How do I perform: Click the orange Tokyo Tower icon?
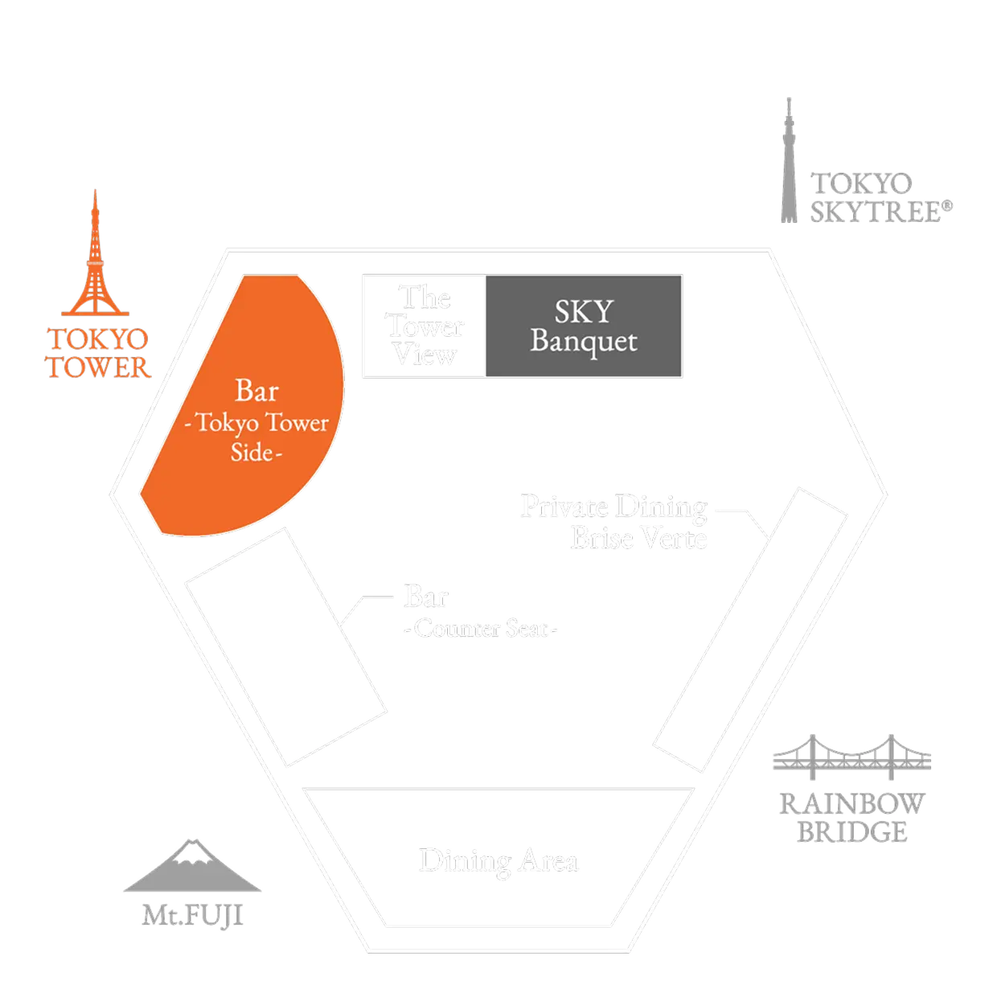pyautogui.click(x=95, y=257)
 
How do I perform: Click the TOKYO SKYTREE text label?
pyautogui.click(x=881, y=198)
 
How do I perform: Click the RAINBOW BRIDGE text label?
pyautogui.click(x=851, y=816)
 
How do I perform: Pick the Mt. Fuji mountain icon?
pyautogui.click(x=193, y=868)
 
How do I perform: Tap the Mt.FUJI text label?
pyautogui.click(x=193, y=915)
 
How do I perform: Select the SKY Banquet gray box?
pyautogui.click(x=584, y=326)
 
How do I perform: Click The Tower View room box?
pyautogui.click(x=425, y=326)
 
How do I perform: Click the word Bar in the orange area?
pyautogui.click(x=256, y=392)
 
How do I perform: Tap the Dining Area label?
pyautogui.click(x=498, y=861)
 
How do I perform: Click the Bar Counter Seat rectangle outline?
pyautogui.click(x=285, y=647)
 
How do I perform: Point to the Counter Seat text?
pyautogui.click(x=481, y=629)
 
